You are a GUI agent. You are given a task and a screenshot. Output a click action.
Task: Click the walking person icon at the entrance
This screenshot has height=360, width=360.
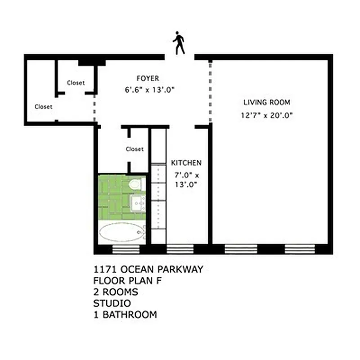point(179,43)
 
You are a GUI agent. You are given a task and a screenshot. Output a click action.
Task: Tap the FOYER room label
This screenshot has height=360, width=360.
point(148,78)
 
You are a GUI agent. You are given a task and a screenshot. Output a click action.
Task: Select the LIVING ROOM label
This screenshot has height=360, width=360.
point(267,102)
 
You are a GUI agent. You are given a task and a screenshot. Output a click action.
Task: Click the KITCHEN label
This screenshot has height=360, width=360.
point(186,162)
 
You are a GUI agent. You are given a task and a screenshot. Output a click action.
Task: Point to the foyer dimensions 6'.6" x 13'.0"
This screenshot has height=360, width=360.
point(149,90)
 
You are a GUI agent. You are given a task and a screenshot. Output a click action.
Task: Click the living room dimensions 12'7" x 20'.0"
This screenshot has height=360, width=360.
point(267,115)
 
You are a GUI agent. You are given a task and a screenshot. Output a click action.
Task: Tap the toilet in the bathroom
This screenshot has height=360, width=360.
point(135,184)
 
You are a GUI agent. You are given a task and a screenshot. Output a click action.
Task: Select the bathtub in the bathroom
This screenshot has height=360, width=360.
point(121,233)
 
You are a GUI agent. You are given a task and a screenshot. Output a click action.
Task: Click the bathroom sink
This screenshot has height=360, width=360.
point(137,203)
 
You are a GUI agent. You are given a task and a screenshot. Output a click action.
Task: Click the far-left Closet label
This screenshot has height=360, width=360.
point(44,107)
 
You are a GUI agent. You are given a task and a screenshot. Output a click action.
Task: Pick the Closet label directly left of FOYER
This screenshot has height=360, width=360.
point(76,83)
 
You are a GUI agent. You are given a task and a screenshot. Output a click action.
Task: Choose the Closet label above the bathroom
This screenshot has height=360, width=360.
point(135,149)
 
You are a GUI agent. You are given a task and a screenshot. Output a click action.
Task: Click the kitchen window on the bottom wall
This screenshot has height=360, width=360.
point(180,249)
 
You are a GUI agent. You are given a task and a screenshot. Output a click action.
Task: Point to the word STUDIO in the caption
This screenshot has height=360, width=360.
point(112,303)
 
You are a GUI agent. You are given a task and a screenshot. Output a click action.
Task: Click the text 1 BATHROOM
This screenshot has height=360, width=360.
point(126,315)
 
